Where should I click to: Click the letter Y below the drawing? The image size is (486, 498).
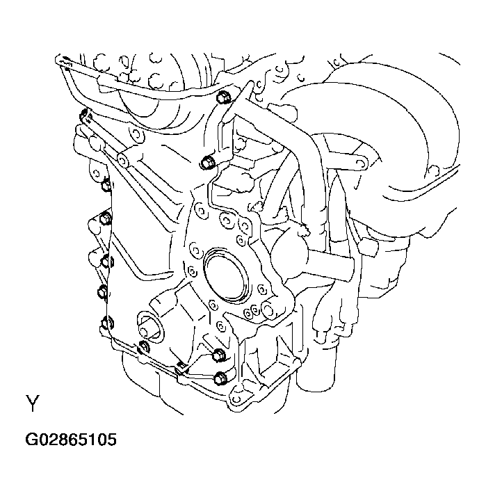(x=33, y=404)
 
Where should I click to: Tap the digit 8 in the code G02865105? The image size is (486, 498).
(x=63, y=440)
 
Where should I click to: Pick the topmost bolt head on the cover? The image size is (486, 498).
(x=224, y=98)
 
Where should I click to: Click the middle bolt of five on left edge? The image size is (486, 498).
(x=106, y=261)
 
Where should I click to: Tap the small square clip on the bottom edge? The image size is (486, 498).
(x=180, y=363)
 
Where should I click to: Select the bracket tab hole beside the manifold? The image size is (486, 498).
(x=359, y=162)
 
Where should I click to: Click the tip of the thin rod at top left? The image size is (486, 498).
(x=63, y=62)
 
